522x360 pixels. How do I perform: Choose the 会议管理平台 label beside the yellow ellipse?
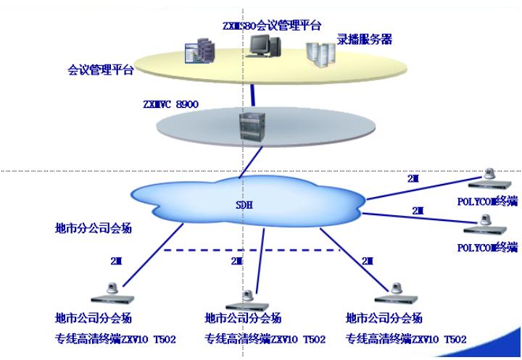pyautogui.click(x=101, y=71)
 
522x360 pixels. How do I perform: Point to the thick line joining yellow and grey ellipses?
pyautogui.click(x=253, y=93)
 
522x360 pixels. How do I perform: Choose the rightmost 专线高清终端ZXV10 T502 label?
pyautogui.click(x=406, y=339)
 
